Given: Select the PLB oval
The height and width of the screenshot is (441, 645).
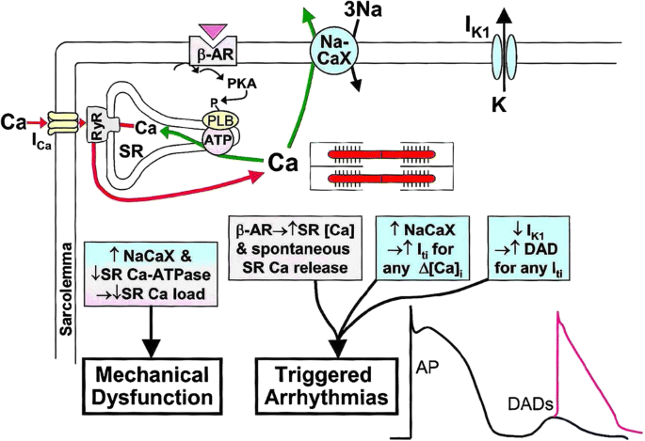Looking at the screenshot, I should point(218,120).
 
